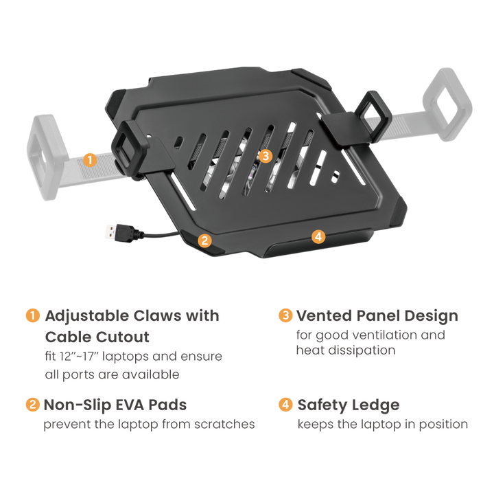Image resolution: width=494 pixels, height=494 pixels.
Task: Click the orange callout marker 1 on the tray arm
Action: pyautogui.click(x=90, y=160)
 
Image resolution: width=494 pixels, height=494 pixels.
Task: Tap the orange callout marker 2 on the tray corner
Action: pyautogui.click(x=204, y=240)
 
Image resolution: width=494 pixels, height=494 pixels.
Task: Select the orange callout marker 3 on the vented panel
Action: pyautogui.click(x=266, y=156)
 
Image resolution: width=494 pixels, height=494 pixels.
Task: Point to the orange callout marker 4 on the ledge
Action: pyautogui.click(x=318, y=236)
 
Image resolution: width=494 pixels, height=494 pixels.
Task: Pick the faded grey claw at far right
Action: pyautogui.click(x=447, y=104)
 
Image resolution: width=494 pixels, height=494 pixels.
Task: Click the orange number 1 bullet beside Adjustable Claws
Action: pyautogui.click(x=33, y=316)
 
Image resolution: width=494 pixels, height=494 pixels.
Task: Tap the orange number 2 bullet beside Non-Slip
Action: pyautogui.click(x=33, y=405)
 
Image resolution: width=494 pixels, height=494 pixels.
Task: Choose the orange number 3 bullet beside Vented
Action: pyautogui.click(x=285, y=315)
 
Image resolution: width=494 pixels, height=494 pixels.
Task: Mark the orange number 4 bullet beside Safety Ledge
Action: pyautogui.click(x=285, y=405)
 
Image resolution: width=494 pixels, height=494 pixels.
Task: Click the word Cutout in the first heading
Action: pyautogui.click(x=123, y=337)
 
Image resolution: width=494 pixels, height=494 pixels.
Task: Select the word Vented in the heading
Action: pyautogui.click(x=324, y=316)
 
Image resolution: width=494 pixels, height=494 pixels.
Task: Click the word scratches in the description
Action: pyautogui.click(x=224, y=425)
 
